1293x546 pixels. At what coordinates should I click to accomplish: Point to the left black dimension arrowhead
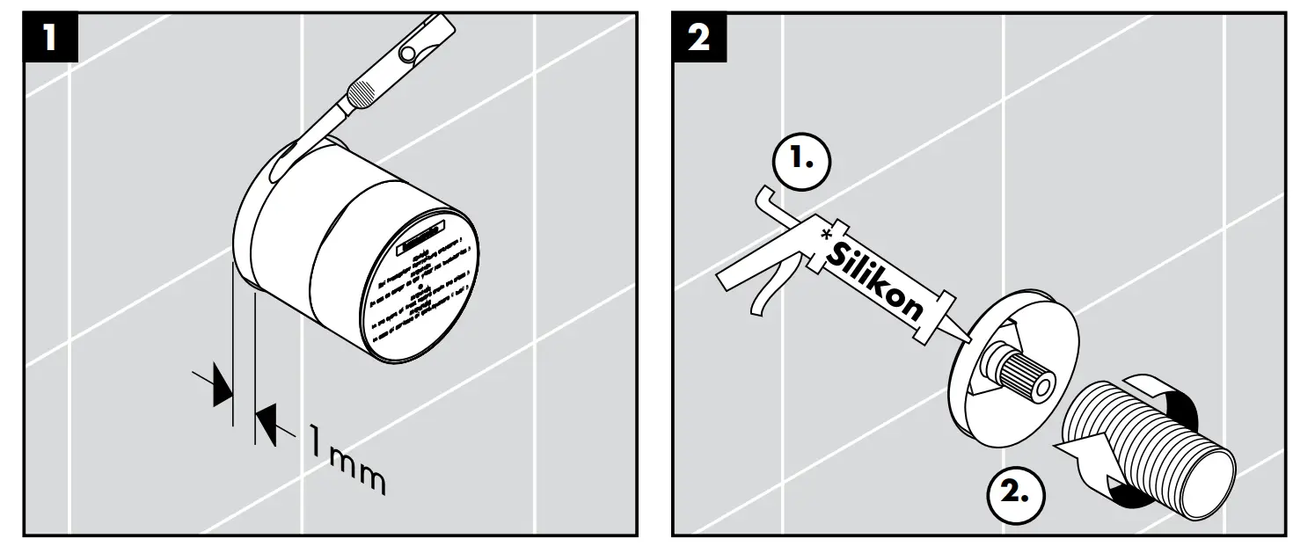tap(217, 388)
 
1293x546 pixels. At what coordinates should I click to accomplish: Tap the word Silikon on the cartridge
tap(876, 276)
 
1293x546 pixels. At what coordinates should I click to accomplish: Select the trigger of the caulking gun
tap(763, 295)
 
